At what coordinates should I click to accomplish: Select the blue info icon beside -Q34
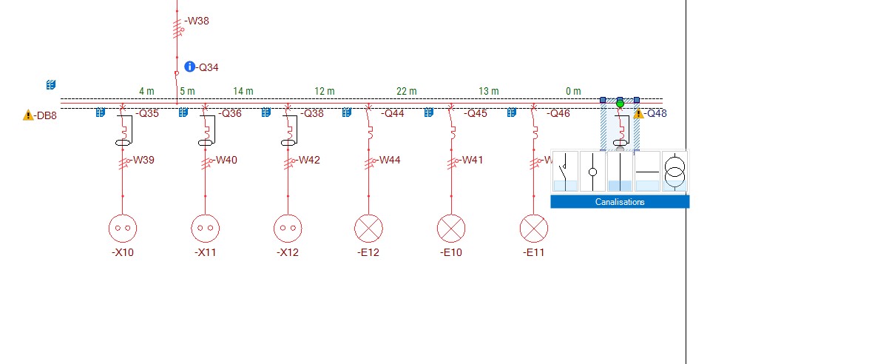coord(189,67)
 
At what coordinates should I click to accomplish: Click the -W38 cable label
coord(197,21)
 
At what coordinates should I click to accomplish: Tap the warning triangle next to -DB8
coord(28,115)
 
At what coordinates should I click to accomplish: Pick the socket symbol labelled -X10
coord(123,229)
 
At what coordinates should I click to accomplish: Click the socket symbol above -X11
coord(206,229)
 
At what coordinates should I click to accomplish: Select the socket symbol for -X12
coord(288,229)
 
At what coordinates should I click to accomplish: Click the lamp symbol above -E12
coord(368,229)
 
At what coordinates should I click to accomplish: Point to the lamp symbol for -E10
coord(451,229)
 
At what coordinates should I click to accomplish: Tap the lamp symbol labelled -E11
coord(534,229)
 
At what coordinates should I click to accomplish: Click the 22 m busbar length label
coord(407,91)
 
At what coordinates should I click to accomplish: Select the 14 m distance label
coord(243,91)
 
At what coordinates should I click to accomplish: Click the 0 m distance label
coord(573,91)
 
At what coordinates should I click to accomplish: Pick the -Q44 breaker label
coord(393,114)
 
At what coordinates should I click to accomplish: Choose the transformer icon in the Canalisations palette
coord(674,171)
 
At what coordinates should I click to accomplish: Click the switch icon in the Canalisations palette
coord(566,171)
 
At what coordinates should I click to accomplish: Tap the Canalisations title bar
coord(620,202)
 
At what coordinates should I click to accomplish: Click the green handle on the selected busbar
coord(620,103)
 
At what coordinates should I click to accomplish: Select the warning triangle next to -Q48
coord(639,114)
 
